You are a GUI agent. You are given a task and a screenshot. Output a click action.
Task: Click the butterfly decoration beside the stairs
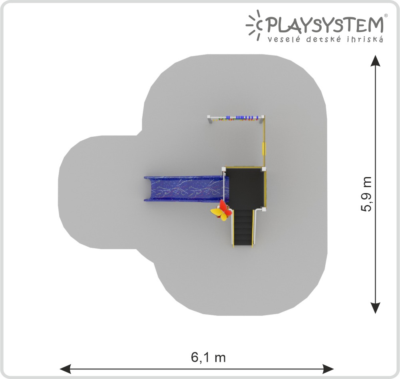[221, 211]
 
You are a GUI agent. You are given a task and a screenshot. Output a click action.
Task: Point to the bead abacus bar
[236, 118]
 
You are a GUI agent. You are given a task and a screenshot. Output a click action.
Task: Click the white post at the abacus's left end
[209, 119]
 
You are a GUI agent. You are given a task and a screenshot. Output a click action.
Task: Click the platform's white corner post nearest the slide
[224, 169]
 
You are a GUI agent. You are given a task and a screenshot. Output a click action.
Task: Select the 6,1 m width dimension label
[209, 357]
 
